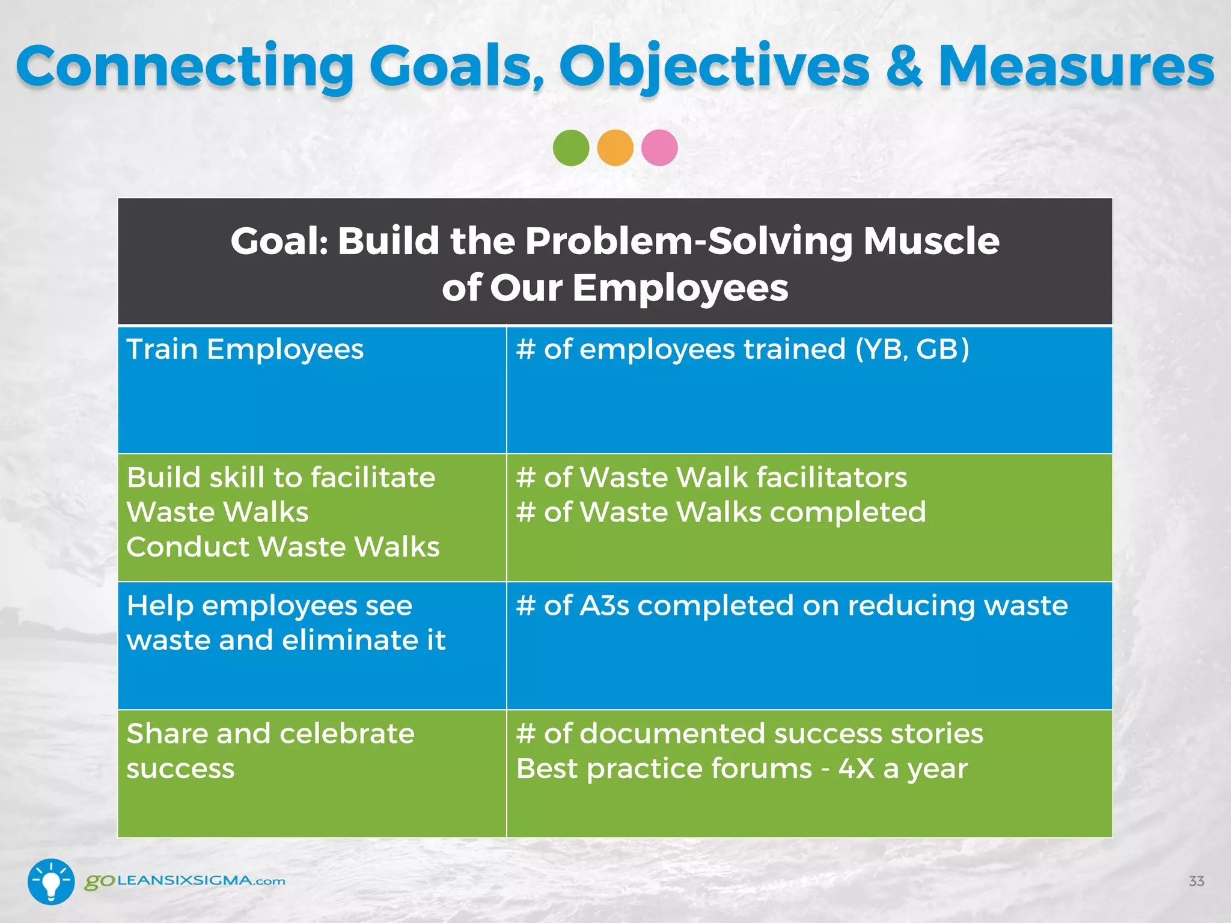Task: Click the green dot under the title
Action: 570,148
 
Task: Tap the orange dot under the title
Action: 615,148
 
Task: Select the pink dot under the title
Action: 659,148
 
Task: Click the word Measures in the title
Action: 1076,67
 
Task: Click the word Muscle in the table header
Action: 931,242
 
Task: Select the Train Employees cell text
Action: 245,350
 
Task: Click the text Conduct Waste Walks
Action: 283,547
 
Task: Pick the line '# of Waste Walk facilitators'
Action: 711,478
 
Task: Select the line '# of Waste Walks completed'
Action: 721,513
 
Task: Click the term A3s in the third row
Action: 604,606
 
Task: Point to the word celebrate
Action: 347,734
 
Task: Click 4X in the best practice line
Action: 856,769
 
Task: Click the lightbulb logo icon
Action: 51,881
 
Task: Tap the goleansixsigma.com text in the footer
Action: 185,882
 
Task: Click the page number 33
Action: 1196,882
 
